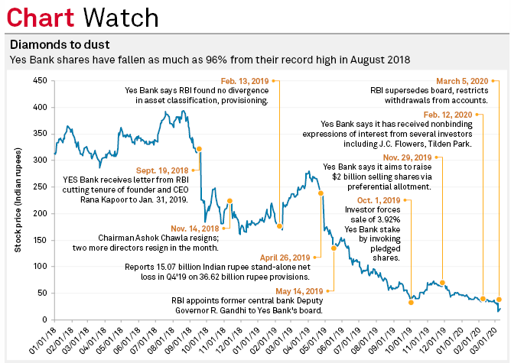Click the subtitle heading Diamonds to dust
point(55,45)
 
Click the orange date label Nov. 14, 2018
point(194,227)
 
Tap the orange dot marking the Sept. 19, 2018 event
point(199,149)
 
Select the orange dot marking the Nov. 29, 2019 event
point(442,283)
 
